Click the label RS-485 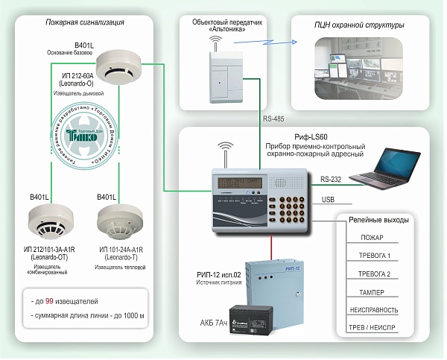click(274, 119)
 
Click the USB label click(328, 200)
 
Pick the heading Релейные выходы click(378, 221)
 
